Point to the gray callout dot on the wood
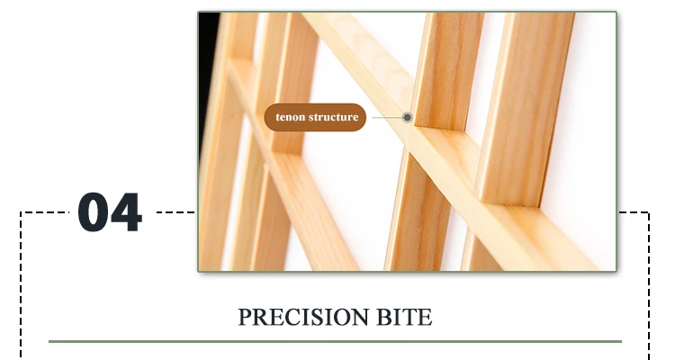coord(408,117)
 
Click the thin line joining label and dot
coord(385,117)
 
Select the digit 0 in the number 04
coord(94,213)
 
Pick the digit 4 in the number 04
coord(127,213)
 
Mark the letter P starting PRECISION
coord(244,318)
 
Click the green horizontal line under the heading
coord(335,342)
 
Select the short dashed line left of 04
coord(45,213)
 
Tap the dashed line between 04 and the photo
coord(176,213)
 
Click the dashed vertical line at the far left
coord(22,288)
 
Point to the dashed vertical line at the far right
coord(648,288)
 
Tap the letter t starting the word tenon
coord(278,118)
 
